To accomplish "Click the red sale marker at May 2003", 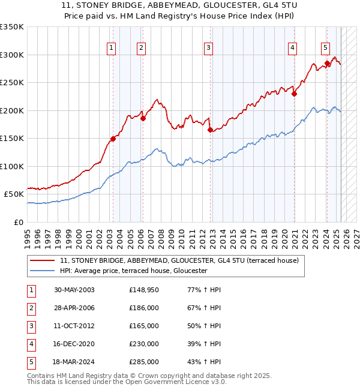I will [113, 139].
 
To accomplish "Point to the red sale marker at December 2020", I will [295, 94].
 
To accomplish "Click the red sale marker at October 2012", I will [210, 130].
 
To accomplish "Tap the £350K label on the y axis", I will [12, 27].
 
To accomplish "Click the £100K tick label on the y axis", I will [12, 166].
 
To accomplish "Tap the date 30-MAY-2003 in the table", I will [74, 290].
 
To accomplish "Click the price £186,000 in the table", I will [144, 308].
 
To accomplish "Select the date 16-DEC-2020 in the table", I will [74, 344].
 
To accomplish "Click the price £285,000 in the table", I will [144, 362].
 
